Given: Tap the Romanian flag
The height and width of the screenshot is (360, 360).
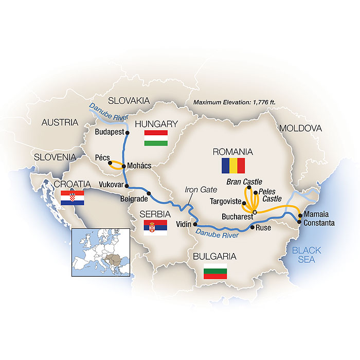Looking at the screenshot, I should (233, 166).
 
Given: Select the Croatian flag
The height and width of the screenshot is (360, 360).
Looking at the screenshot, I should (71, 198).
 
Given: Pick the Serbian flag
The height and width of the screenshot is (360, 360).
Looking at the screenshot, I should (156, 228).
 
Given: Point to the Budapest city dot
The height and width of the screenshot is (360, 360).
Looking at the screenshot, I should (128, 132).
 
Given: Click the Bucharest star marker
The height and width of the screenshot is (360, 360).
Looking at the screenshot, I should (255, 211).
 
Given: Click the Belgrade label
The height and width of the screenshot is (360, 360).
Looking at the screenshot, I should (133, 196).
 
